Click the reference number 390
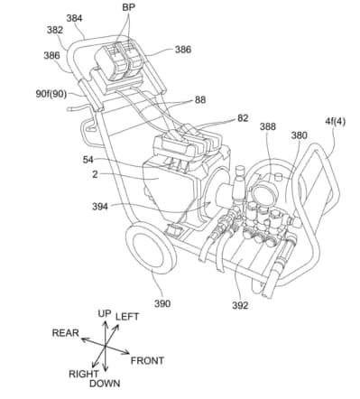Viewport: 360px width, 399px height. pos(162,303)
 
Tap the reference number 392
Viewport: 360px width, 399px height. pos(240,305)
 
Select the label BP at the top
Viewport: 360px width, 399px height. pos(128,7)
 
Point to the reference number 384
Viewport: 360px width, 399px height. pos(74,18)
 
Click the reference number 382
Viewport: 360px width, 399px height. pos(55,30)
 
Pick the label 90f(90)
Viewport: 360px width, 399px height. pos(51,94)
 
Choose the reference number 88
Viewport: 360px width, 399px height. pos(200,100)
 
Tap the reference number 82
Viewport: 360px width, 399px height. pos(243,118)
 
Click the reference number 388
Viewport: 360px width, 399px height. pos(268,126)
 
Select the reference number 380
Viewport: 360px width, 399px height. pos(299,135)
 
